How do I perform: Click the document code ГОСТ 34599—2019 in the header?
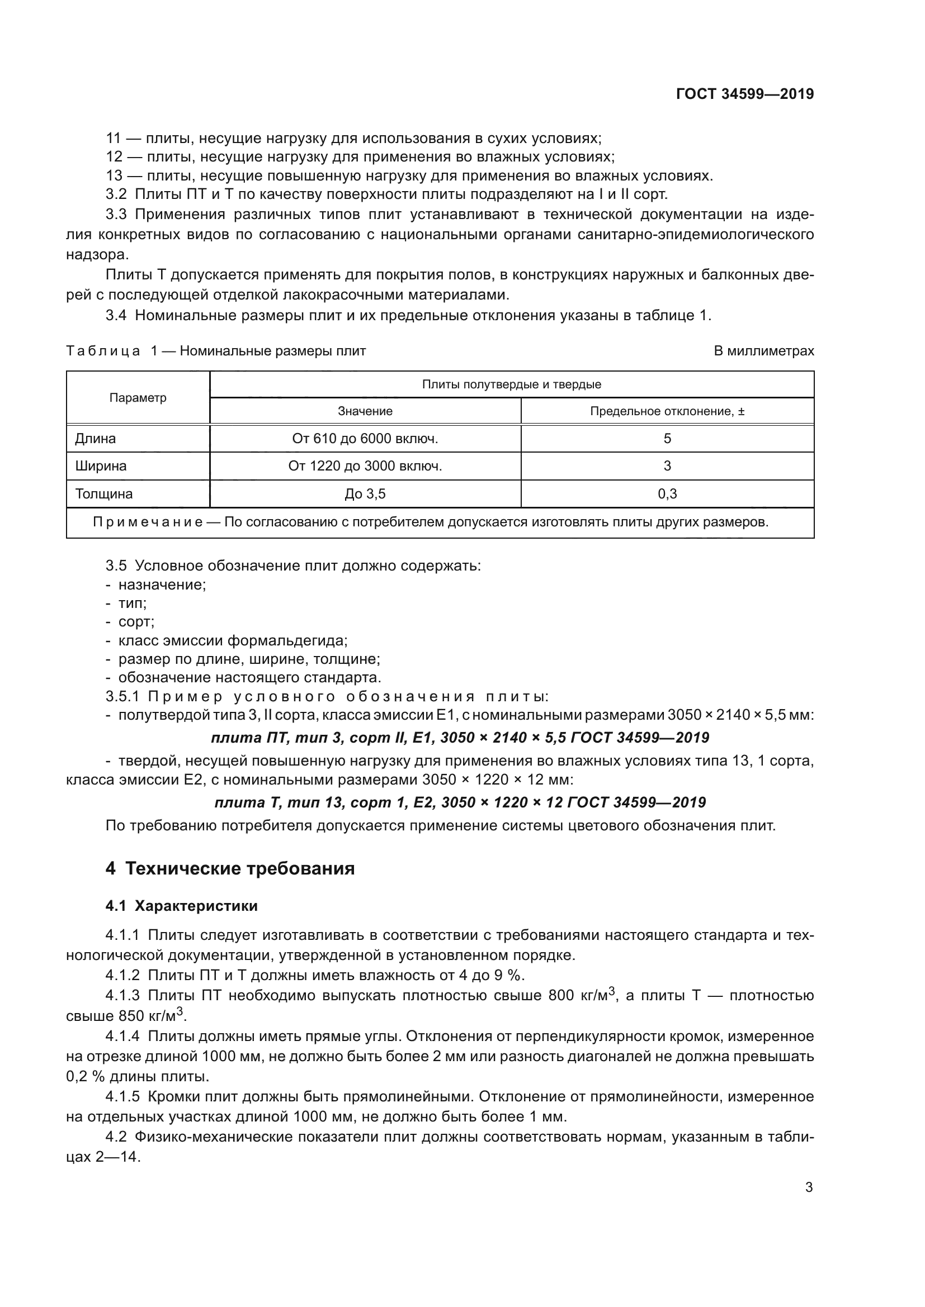(x=745, y=94)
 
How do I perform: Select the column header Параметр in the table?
(x=138, y=398)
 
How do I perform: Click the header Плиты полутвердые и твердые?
(x=512, y=384)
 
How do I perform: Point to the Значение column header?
(x=365, y=411)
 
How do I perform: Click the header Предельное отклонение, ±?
(x=667, y=411)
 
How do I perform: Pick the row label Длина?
(x=95, y=438)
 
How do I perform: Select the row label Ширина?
(x=101, y=466)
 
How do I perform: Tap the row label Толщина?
(x=103, y=493)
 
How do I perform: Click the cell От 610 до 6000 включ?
(x=365, y=438)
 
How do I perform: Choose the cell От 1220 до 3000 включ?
(x=365, y=466)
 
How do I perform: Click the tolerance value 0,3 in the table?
(x=667, y=493)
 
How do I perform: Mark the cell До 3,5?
(x=365, y=493)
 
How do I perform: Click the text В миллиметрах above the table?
(x=764, y=351)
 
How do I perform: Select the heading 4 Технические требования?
(x=230, y=869)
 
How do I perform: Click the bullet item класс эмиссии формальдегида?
(x=233, y=640)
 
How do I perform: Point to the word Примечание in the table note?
(x=148, y=522)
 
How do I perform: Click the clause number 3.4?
(x=116, y=315)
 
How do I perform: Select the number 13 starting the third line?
(x=114, y=176)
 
